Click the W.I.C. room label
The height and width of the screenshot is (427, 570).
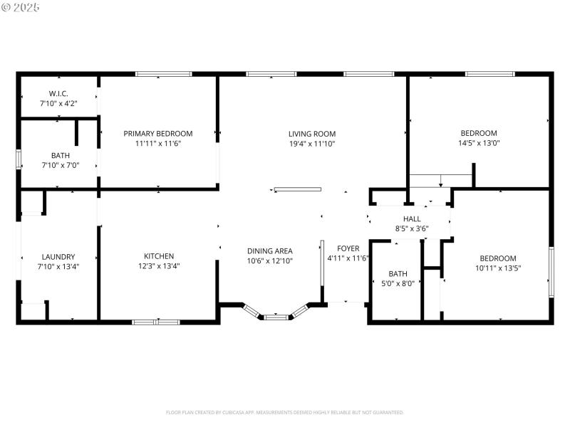click(58, 93)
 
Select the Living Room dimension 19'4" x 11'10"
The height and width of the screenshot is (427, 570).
click(312, 144)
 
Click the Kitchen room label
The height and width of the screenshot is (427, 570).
click(159, 256)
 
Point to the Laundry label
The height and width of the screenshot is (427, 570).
click(58, 257)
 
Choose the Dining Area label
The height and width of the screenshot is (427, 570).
click(269, 251)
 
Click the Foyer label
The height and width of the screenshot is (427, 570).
click(348, 248)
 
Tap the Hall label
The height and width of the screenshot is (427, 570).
click(412, 219)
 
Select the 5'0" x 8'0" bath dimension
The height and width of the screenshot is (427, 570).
click(398, 283)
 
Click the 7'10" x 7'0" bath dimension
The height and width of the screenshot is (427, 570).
click(61, 165)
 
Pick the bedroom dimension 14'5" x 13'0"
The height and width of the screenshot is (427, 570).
click(479, 144)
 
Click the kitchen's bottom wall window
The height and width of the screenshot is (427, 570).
click(155, 322)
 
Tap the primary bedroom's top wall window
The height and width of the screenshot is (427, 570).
click(164, 73)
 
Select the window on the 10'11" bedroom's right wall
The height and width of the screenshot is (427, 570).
click(551, 272)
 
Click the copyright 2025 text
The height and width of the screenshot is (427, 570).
click(21, 6)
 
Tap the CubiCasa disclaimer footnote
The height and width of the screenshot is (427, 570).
click(285, 412)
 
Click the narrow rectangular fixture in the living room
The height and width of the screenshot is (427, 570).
click(298, 189)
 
